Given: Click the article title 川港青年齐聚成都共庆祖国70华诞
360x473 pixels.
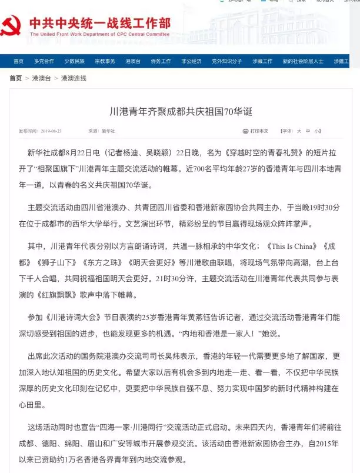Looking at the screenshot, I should coord(180,111).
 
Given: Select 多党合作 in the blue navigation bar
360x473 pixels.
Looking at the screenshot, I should coord(44,61).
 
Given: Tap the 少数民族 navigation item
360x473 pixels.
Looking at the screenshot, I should coord(75,61).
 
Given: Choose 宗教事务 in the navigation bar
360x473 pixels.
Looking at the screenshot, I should coord(105,61).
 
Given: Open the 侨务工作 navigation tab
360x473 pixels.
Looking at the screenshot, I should coord(161,61).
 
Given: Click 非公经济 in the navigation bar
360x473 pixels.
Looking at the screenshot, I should coord(191,61).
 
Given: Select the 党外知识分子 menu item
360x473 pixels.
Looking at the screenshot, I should coord(227,61).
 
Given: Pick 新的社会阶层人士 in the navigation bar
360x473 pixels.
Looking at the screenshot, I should coord(303,61).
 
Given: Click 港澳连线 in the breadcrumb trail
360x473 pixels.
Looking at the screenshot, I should coord(74,78).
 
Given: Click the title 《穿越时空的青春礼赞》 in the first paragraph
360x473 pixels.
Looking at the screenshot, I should coord(255,154).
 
